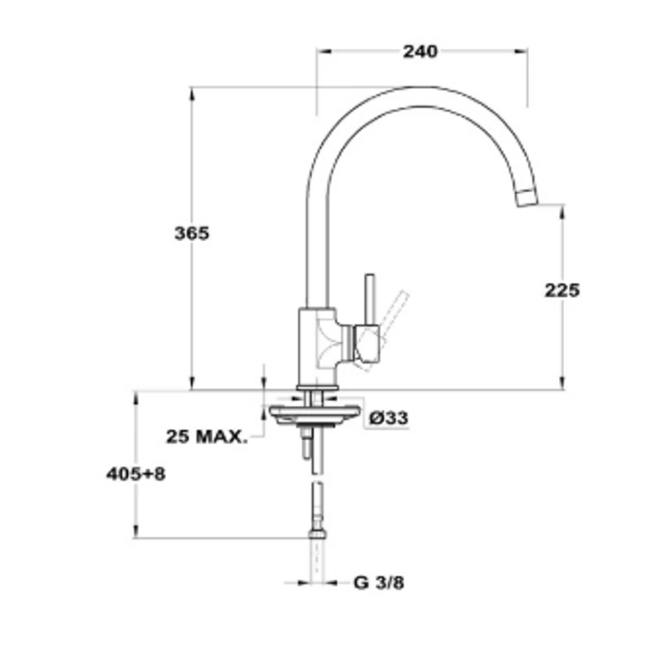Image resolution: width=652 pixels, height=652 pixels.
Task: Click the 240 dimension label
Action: click(420, 51)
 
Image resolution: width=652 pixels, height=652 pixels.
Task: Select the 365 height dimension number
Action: click(192, 233)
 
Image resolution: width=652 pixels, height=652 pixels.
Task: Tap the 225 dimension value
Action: click(562, 290)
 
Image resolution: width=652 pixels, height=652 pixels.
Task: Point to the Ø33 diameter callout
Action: click(389, 417)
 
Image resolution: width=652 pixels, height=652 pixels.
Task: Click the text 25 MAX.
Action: click(207, 437)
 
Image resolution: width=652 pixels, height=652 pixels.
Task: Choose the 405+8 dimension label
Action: click(136, 474)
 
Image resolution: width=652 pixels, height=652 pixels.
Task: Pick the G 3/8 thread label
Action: click(379, 583)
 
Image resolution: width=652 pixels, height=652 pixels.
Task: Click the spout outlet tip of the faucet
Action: click(527, 197)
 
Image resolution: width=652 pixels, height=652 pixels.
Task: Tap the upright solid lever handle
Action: click(370, 299)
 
